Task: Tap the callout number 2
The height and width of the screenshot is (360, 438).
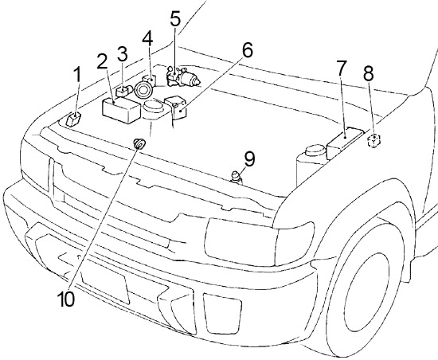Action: click(103, 62)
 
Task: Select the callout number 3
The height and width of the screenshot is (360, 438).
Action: click(122, 54)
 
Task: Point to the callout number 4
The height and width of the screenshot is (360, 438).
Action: click(148, 38)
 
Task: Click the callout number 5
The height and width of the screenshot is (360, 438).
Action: click(175, 18)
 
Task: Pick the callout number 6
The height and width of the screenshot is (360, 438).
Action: click(247, 50)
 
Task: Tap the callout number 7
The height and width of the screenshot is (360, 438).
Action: click(341, 68)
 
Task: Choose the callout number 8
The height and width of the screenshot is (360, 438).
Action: click(369, 73)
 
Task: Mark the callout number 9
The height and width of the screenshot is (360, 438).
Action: click(249, 159)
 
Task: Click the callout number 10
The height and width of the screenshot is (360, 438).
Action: click(66, 299)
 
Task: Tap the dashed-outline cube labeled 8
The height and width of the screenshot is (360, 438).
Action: click(373, 140)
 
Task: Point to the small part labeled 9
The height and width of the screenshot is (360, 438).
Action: click(236, 178)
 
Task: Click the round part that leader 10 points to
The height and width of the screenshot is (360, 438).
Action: click(139, 143)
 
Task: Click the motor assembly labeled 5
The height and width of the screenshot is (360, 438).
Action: click(183, 76)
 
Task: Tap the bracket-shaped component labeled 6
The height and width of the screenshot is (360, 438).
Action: click(175, 108)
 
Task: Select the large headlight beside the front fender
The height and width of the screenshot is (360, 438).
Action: click(241, 242)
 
